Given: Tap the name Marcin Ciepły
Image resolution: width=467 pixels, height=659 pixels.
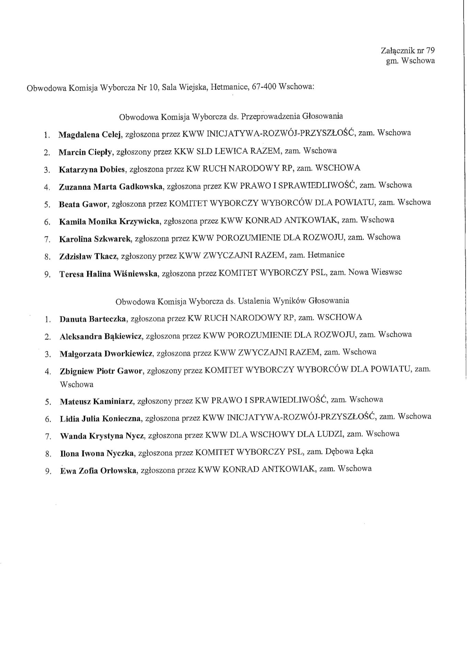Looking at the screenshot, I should click(x=86, y=152).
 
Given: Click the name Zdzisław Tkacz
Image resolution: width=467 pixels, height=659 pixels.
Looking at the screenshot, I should click(x=89, y=256).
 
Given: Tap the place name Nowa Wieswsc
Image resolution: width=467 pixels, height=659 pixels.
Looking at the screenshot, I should click(x=375, y=273).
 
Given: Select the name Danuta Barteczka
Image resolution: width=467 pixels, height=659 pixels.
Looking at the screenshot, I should click(x=94, y=319).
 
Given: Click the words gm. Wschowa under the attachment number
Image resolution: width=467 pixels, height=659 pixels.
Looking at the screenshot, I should click(x=410, y=61).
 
